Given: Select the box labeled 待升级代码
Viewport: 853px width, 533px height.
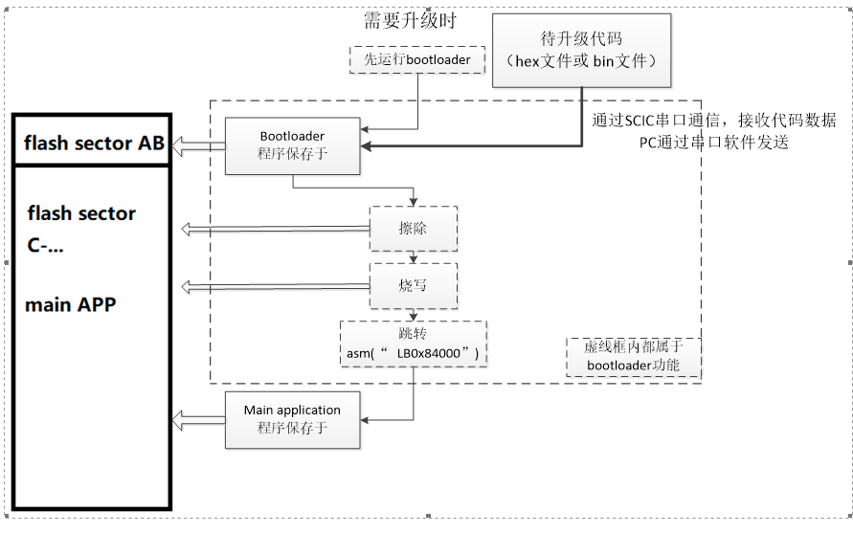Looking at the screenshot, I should coord(581,50).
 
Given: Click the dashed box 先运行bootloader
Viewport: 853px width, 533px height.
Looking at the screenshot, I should coord(415,59).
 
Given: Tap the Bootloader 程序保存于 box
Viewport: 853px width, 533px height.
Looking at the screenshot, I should coord(293,145).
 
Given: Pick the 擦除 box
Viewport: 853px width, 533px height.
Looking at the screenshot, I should coord(413,229).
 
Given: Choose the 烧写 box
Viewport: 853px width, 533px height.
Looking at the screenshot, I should coord(413,285).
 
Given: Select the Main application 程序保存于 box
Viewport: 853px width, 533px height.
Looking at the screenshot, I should coord(292,419).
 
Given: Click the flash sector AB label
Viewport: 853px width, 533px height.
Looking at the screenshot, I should coord(94,144).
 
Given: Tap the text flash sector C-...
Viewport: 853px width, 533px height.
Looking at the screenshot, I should coord(80,228).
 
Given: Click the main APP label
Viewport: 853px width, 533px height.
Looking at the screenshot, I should coord(71,305).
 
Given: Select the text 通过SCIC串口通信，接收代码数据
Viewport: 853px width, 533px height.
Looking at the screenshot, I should coord(713,121).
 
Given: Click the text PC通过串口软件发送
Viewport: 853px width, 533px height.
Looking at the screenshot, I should coord(713,142).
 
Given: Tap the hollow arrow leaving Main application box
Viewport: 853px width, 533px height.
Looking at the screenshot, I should coord(198,419).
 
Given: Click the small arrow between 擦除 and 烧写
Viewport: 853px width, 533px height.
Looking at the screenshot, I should coord(413,256).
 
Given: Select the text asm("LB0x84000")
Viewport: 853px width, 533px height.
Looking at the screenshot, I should coord(413,354).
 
